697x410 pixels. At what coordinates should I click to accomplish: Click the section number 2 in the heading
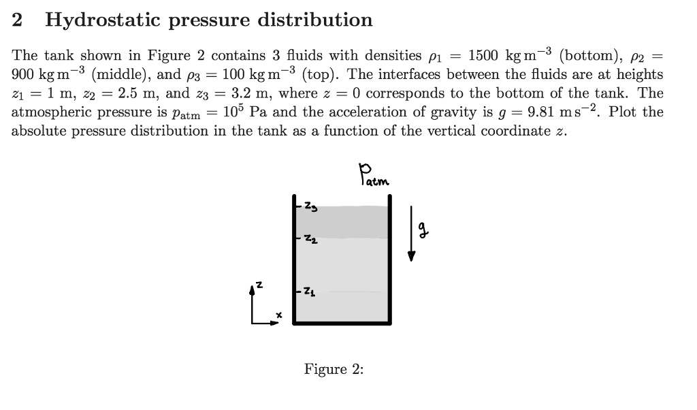tap(18, 20)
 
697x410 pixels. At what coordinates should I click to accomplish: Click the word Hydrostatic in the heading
tap(101, 20)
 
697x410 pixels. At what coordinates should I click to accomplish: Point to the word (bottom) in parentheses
tap(586, 56)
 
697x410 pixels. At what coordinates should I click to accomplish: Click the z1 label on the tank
tap(308, 292)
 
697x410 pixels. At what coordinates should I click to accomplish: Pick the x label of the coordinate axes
tap(278, 315)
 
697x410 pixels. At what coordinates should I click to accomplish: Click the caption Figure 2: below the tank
tap(334, 370)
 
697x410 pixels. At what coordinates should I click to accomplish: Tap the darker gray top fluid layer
tap(344, 221)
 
